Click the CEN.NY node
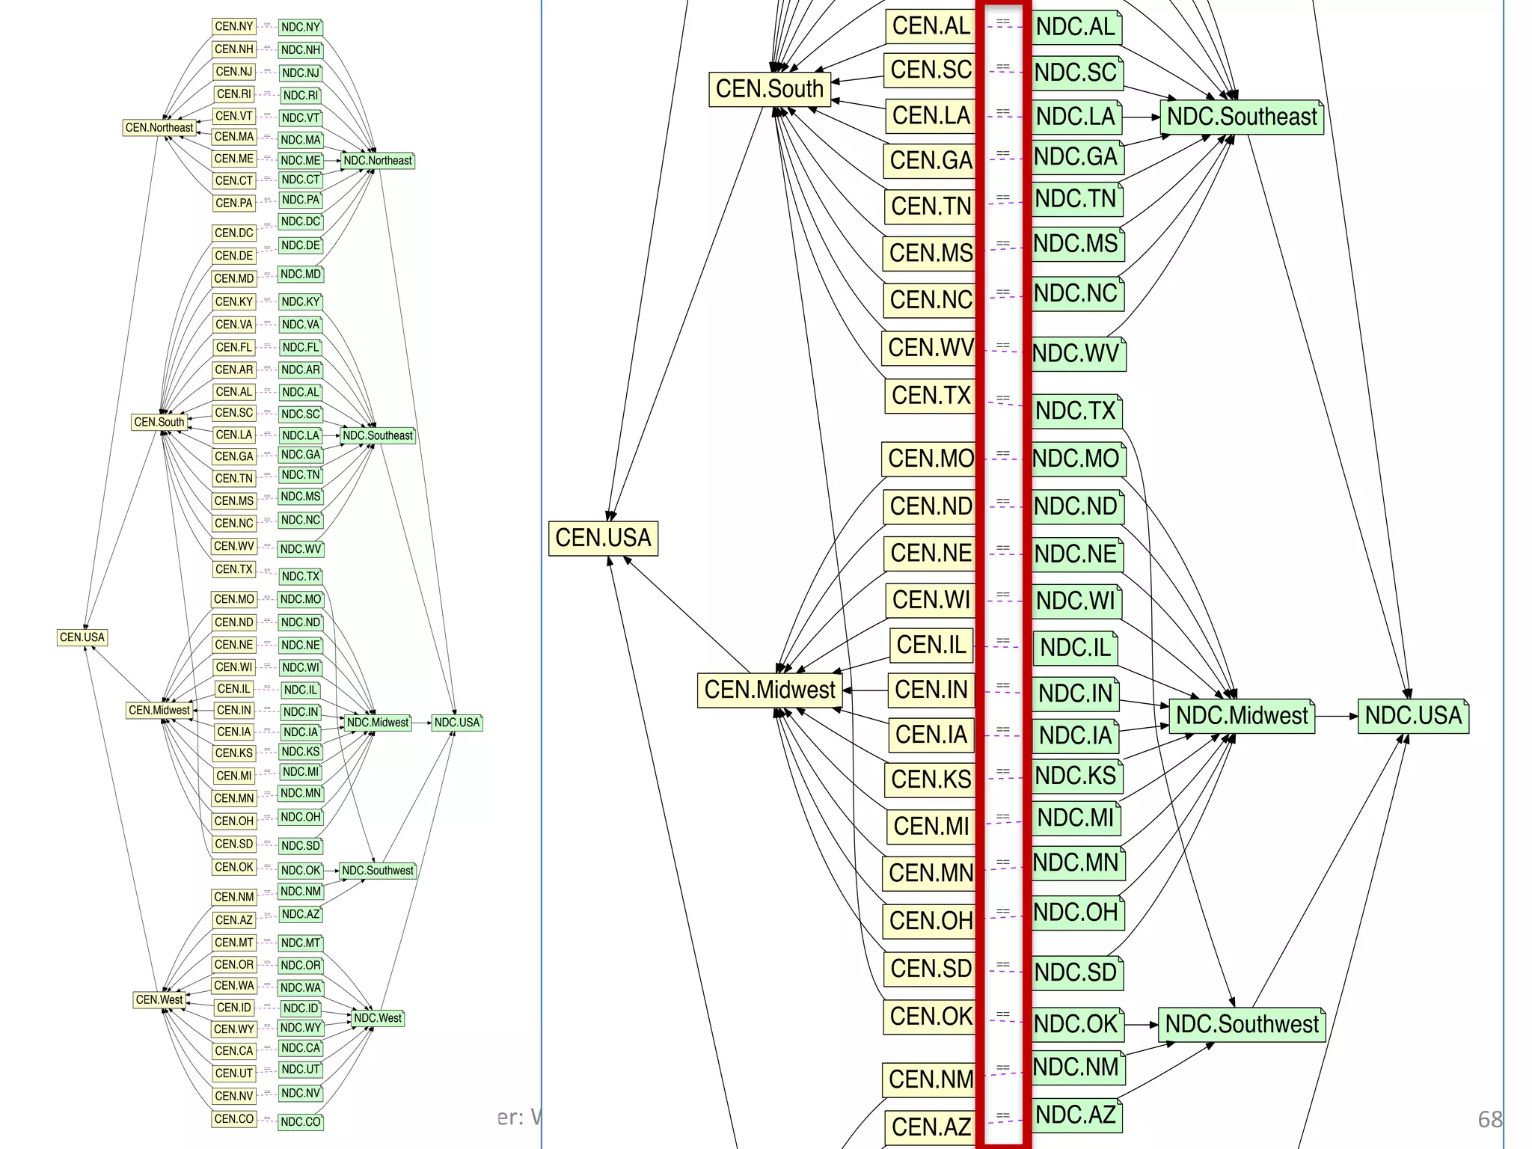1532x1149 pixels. click(234, 26)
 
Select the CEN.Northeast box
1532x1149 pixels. click(159, 128)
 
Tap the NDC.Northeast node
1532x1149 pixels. click(378, 160)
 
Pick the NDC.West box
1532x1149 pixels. click(378, 1018)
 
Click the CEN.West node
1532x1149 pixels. click(159, 999)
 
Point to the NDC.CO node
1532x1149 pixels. click(301, 1121)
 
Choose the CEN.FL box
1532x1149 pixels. click(234, 347)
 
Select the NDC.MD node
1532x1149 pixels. click(301, 275)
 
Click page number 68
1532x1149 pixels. click(1489, 1119)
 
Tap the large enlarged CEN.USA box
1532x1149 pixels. click(603, 538)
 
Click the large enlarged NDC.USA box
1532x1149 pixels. click(1413, 716)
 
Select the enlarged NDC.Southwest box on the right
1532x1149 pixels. click(1242, 1024)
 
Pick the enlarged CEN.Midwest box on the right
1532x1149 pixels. click(769, 690)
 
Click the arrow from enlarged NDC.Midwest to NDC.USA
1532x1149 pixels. click(1336, 716)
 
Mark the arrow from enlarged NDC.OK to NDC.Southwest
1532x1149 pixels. click(1141, 1025)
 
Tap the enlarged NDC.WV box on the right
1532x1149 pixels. click(1076, 353)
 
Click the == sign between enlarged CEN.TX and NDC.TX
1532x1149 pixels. click(1003, 398)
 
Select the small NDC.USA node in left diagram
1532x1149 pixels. click(457, 723)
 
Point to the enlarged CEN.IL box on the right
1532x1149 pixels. click(931, 645)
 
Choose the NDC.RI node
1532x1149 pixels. click(301, 95)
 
